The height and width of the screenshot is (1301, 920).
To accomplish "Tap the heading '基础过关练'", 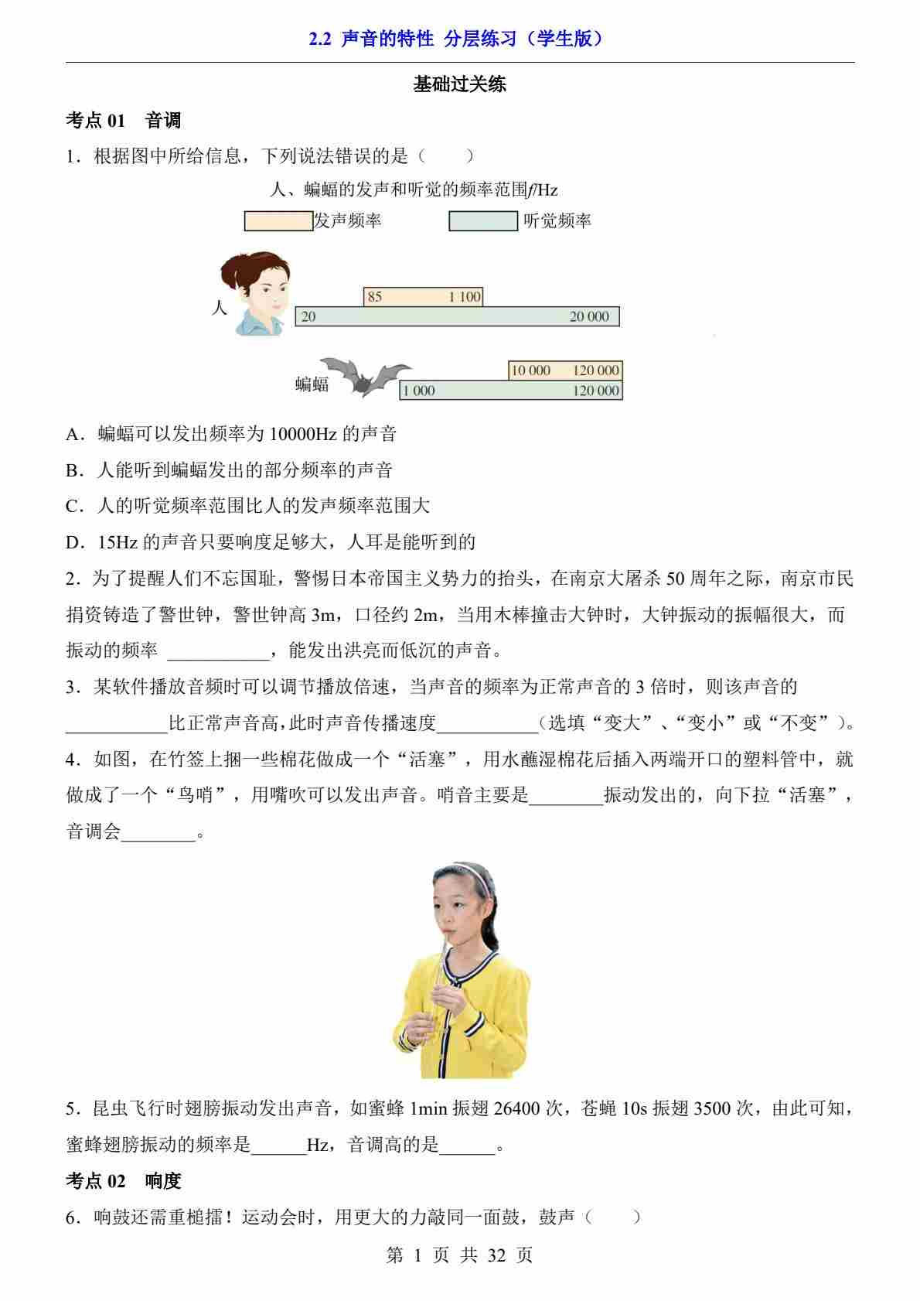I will click(459, 84).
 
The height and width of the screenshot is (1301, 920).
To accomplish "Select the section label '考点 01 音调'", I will click(124, 121).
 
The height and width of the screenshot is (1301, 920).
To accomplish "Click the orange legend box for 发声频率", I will click(278, 221).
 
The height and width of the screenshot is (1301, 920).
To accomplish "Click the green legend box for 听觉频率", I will click(483, 221).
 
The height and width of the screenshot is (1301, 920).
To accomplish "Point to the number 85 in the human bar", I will click(375, 297).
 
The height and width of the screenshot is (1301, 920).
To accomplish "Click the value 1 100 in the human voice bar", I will click(465, 297).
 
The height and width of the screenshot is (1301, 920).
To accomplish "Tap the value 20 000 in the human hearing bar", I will click(589, 316).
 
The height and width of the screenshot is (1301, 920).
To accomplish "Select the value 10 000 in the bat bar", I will click(530, 370).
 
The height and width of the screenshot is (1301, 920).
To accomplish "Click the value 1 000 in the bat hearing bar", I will click(418, 391).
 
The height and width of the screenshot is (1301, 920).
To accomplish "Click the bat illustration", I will click(364, 376).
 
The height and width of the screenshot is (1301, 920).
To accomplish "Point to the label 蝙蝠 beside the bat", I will click(312, 384).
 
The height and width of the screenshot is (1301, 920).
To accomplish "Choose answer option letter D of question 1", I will click(74, 542).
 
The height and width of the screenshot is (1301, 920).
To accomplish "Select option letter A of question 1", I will click(74, 434).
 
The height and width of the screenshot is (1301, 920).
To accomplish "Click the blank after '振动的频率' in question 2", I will click(217, 651).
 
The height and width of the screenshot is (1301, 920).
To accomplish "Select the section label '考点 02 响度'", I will click(124, 1181).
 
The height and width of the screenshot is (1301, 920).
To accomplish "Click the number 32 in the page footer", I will click(496, 1255).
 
